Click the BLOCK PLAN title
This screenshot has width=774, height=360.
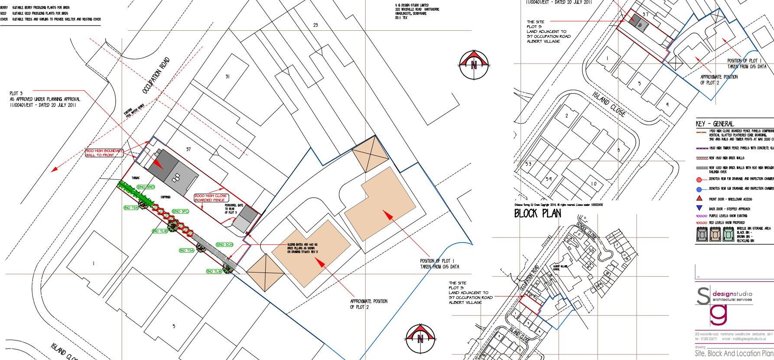(537, 213)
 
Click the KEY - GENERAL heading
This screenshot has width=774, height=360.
(715, 124)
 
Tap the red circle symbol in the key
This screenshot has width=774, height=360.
(699, 180)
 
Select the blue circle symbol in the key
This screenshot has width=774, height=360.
(699, 189)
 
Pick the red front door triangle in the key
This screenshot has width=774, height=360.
(699, 198)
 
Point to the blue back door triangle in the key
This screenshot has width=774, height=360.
(699, 208)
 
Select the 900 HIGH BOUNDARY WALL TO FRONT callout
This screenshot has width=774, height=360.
(104, 153)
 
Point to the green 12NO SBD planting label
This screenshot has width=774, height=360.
(146, 187)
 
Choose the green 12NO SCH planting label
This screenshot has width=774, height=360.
(224, 245)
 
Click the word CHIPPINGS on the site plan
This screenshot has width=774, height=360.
(165, 197)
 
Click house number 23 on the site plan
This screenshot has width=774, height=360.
(315, 25)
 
